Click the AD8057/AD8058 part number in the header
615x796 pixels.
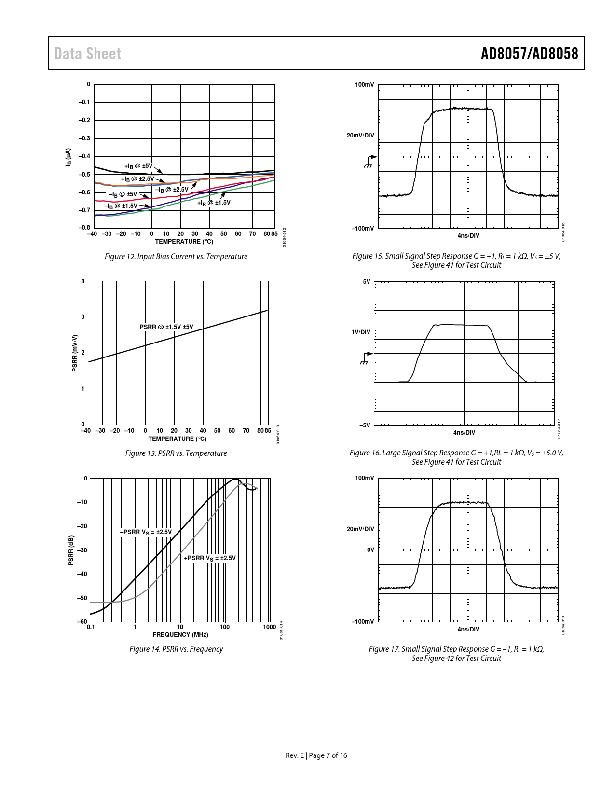point(529,54)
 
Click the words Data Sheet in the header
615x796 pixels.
point(87,54)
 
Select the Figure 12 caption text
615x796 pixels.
point(176,256)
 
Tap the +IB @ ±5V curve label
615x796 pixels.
point(138,166)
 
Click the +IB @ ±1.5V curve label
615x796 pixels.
point(214,203)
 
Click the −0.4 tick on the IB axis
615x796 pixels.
point(84,156)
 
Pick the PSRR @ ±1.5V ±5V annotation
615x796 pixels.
point(166,327)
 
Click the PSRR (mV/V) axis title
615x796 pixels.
point(75,353)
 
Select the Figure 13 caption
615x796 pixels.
point(176,453)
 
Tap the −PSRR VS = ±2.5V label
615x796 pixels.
point(146,532)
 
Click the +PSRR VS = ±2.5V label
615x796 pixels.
point(210,558)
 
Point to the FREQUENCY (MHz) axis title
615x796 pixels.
point(180,634)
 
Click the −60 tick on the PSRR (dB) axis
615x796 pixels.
point(82,621)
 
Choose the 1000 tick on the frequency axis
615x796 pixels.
point(270,627)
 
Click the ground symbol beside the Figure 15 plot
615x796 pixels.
point(369,162)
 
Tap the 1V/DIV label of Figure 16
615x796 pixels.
point(360,332)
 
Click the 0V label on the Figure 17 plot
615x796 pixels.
point(370,549)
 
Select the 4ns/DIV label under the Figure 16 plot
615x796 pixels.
point(464,432)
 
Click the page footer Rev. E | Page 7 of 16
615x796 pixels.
point(316,755)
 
